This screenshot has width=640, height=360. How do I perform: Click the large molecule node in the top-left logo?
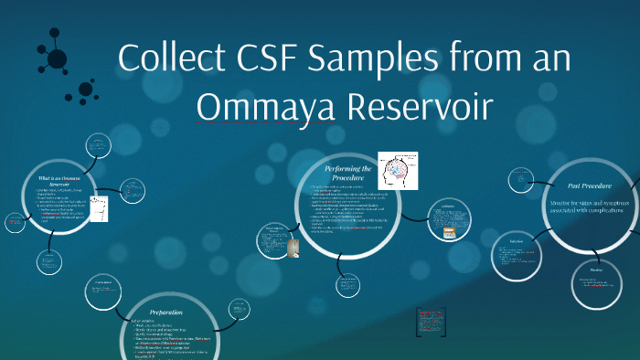pos(58,59)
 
